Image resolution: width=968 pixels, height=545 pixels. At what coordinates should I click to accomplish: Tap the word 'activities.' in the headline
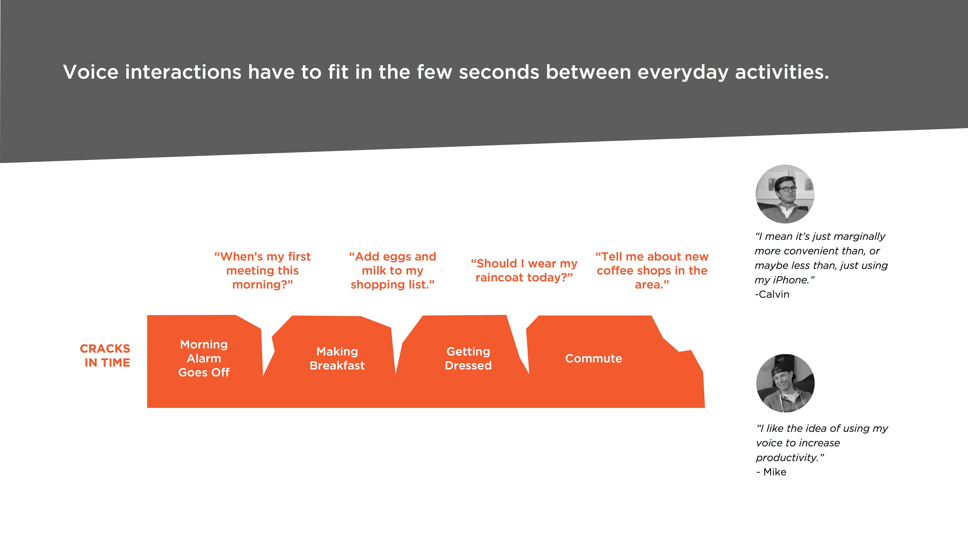click(782, 72)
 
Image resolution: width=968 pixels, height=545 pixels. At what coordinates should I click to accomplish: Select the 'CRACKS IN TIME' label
click(105, 356)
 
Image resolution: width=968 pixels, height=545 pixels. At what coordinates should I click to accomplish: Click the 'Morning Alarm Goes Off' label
click(204, 359)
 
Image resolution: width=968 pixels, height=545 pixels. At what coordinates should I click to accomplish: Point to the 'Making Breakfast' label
click(337, 359)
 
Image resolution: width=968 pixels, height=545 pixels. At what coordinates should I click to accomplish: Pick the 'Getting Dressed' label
click(468, 359)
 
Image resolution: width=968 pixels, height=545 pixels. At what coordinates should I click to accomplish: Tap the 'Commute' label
click(594, 359)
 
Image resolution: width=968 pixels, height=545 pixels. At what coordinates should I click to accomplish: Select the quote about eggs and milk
click(393, 270)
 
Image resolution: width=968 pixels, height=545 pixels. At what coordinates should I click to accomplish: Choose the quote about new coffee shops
click(652, 270)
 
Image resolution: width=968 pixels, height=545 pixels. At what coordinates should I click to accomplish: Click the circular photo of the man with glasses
click(785, 194)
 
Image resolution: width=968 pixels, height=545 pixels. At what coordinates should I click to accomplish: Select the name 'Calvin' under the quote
click(774, 294)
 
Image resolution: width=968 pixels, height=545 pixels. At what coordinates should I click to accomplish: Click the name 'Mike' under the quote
click(775, 472)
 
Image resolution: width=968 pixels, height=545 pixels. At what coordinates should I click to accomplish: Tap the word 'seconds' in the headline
click(499, 72)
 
